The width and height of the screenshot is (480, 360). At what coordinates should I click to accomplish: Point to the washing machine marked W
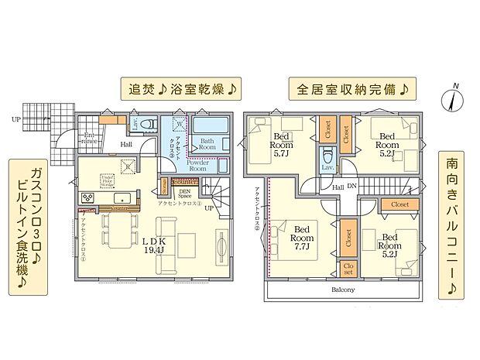179,125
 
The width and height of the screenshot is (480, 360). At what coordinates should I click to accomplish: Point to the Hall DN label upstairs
345,187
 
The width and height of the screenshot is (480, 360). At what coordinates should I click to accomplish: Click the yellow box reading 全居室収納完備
351,88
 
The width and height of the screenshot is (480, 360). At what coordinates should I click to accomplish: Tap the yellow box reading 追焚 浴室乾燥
180,88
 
